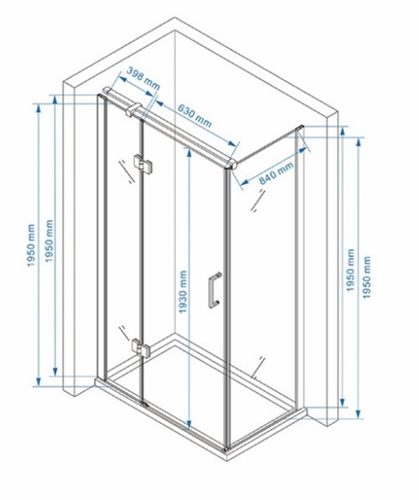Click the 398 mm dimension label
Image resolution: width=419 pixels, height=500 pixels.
(x=143, y=79)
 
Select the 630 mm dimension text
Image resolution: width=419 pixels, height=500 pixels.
(x=194, y=115)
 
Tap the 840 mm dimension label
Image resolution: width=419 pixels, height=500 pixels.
(x=276, y=173)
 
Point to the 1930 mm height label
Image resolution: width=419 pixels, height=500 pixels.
(x=183, y=291)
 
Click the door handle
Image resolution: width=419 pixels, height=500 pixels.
(x=214, y=290)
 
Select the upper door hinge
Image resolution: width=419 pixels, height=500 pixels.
(x=143, y=162)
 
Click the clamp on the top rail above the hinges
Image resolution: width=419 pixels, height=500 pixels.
(x=133, y=109)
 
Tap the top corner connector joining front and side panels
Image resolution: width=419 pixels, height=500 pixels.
(x=230, y=163)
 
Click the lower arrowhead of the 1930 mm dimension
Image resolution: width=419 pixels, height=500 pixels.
(x=189, y=425)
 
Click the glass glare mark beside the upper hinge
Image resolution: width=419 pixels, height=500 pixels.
(x=126, y=171)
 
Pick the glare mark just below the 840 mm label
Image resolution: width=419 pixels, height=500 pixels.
(x=257, y=200)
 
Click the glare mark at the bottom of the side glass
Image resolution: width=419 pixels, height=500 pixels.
(x=258, y=367)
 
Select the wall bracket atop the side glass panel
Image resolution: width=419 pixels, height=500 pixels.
(x=300, y=128)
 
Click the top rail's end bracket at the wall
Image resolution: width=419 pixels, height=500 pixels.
(x=106, y=90)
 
